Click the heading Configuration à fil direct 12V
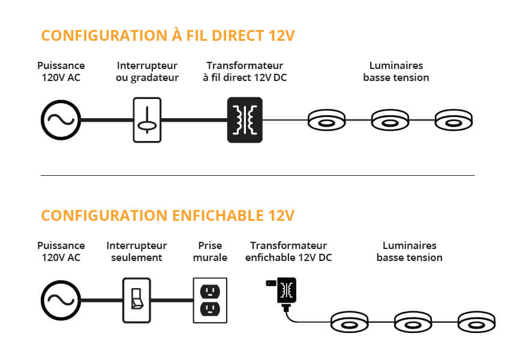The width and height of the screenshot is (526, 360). click(x=168, y=35)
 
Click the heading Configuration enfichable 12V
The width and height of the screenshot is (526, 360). click(x=168, y=215)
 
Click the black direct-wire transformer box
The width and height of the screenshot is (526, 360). click(x=245, y=120)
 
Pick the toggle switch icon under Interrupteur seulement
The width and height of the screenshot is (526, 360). click(x=136, y=300)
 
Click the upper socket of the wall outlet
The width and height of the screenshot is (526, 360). click(x=210, y=291)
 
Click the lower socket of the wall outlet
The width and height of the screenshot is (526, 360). click(x=210, y=309)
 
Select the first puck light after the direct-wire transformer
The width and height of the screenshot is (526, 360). click(x=326, y=120)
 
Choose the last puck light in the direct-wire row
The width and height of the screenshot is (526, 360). click(x=453, y=120)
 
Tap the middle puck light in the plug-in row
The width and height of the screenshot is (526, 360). click(x=413, y=322)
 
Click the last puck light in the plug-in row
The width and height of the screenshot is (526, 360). click(x=476, y=322)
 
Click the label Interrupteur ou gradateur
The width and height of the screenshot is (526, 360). click(x=148, y=71)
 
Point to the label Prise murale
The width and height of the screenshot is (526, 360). click(x=210, y=251)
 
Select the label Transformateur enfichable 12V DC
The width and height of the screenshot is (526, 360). click(x=288, y=251)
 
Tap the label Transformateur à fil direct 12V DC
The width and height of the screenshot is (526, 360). click(x=245, y=71)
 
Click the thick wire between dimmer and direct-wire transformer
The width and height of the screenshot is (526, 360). click(x=194, y=120)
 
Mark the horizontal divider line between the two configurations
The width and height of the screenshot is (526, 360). click(x=258, y=175)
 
